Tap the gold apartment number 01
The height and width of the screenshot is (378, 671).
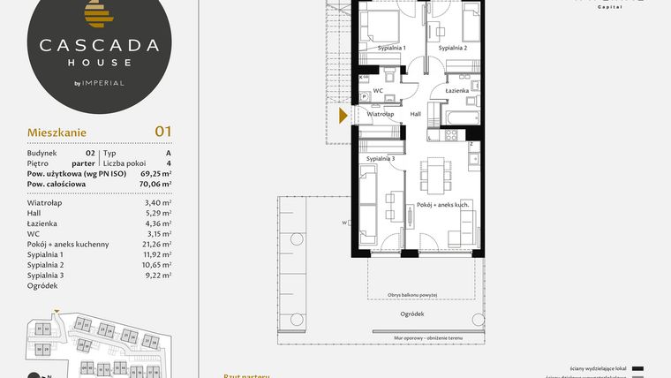pyautogui.click(x=162, y=132)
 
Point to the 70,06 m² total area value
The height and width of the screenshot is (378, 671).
pyautogui.click(x=155, y=184)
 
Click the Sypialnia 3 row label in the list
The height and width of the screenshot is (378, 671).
pyautogui.click(x=45, y=275)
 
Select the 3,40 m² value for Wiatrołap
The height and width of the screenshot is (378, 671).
pyautogui.click(x=157, y=202)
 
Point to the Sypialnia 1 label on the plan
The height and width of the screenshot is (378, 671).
pyautogui.click(x=390, y=48)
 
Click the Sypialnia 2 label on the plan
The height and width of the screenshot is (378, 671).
pyautogui.click(x=452, y=48)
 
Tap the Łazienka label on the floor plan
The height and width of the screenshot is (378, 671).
pyautogui.click(x=456, y=91)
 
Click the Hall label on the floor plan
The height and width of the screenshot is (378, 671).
pyautogui.click(x=416, y=114)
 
